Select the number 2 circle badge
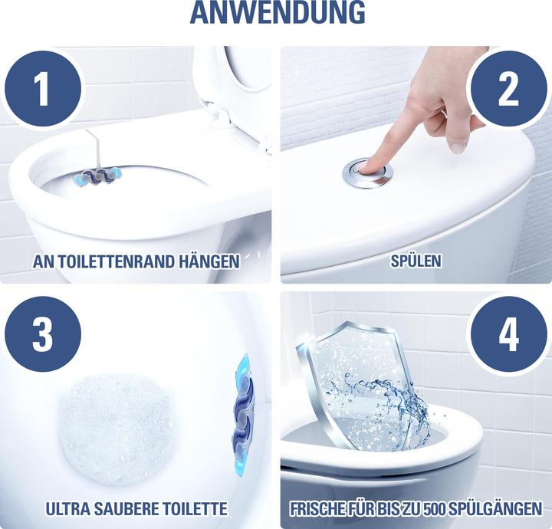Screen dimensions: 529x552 point(508,90)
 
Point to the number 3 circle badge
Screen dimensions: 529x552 point(42,334)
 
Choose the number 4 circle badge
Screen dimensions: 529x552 point(508,334)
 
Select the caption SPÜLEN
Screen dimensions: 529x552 point(415,261)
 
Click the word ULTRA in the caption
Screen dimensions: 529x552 point(71,508)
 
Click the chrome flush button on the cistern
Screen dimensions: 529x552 point(368,172)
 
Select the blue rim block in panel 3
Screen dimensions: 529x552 point(244,414)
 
